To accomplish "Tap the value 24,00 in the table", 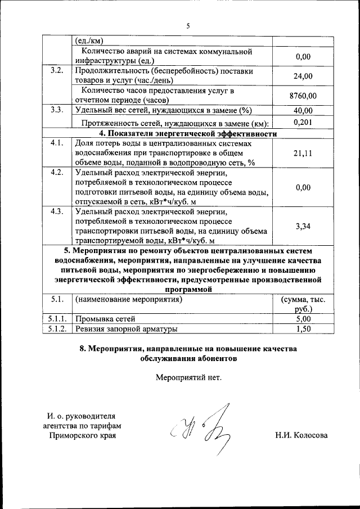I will (x=303, y=76).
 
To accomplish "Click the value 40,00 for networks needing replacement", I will (x=303, y=110).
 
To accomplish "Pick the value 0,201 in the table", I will (x=303, y=122).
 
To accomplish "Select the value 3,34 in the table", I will (x=303, y=226).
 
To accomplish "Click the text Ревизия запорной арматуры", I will (x=127, y=329).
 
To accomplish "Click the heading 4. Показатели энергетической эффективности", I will (x=188, y=134).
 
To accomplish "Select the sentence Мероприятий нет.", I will (x=188, y=377).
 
